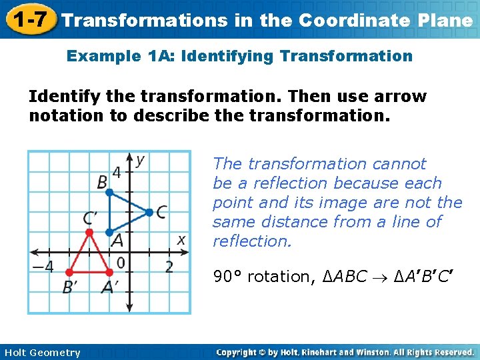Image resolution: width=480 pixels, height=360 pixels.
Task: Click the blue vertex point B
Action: pos(110,193)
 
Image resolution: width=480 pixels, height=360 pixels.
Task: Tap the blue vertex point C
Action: pos(149,213)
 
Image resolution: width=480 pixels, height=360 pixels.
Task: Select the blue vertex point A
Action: pos(109,233)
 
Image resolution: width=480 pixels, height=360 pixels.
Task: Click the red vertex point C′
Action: pos(90,232)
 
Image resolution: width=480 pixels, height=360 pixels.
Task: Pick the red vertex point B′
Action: pos(70,272)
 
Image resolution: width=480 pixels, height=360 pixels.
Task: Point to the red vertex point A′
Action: pos(109,272)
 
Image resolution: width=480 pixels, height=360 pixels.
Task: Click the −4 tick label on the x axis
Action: pos(42,267)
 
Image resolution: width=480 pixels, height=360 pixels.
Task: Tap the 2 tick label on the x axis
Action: pos(169,267)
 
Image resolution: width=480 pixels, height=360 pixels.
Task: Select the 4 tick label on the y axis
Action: pos(117,173)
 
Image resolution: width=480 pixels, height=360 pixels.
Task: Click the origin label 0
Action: pos(120,263)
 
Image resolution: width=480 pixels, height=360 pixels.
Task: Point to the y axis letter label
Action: pos(140,159)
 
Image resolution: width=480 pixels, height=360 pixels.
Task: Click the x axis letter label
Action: pos(181,239)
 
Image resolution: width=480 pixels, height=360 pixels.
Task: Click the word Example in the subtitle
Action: pos(99,56)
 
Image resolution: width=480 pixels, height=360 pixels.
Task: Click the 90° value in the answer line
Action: pos(227,277)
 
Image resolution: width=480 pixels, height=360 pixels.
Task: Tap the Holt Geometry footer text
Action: pos(42,353)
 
